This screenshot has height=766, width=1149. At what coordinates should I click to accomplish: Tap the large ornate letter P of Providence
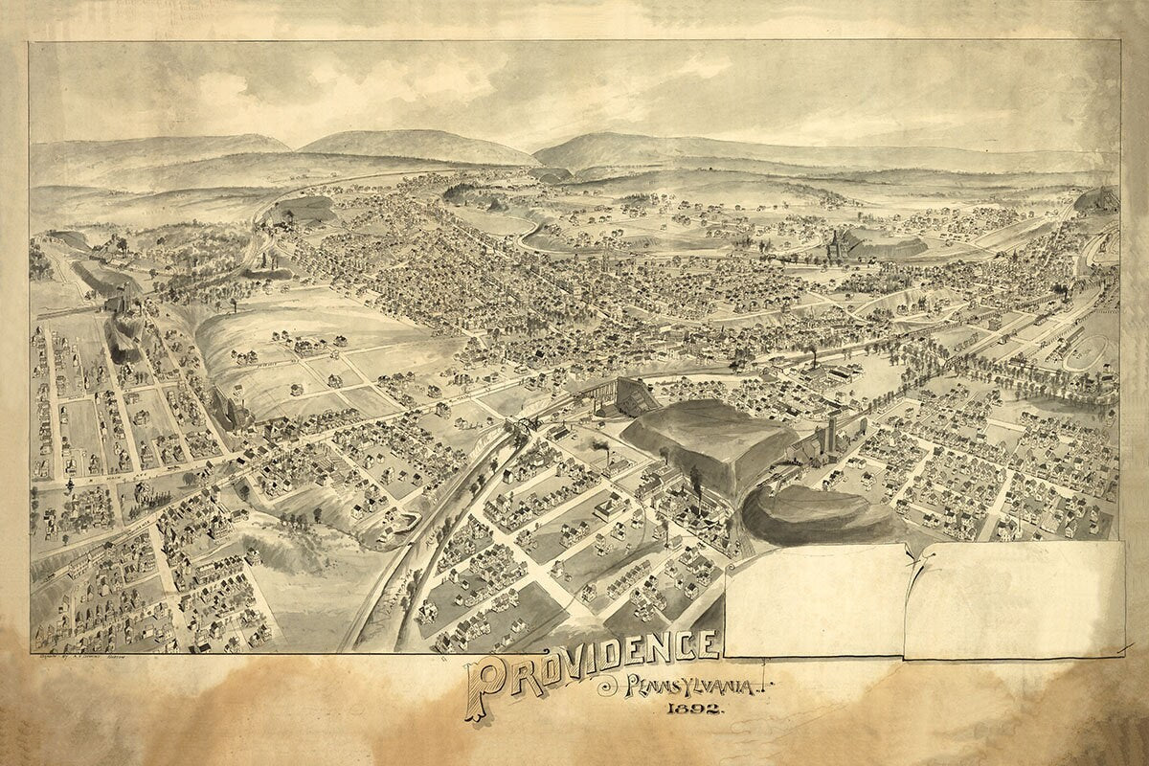click(x=486, y=687)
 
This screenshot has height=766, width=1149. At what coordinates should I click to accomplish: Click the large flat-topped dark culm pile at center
click(x=709, y=440)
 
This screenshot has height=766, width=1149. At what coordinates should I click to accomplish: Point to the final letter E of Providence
click(x=707, y=645)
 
